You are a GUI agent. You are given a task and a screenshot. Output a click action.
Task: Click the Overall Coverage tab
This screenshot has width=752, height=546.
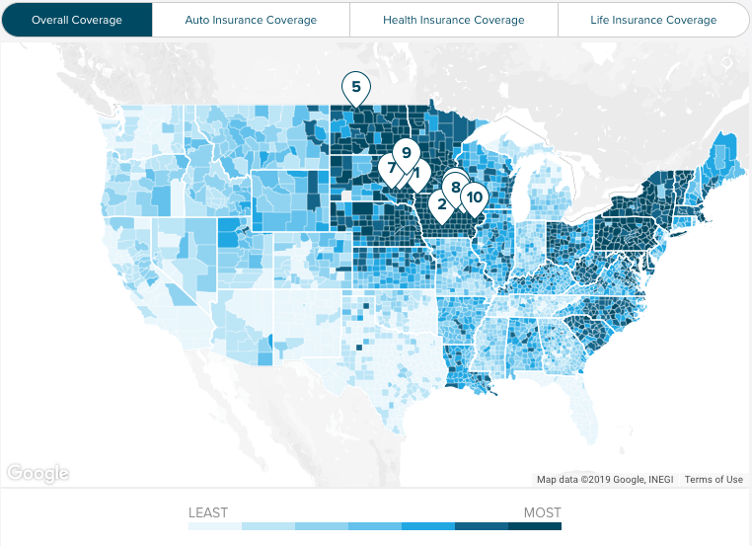(x=77, y=20)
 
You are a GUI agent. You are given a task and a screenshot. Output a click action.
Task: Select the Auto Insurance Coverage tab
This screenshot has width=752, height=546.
(x=251, y=20)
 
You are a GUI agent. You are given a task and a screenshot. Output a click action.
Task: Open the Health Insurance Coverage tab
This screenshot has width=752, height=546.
(x=454, y=20)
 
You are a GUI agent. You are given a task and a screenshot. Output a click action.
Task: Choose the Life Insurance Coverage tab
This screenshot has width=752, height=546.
(x=653, y=20)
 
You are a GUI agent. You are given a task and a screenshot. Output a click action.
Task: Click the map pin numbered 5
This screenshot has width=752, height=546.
(x=355, y=87)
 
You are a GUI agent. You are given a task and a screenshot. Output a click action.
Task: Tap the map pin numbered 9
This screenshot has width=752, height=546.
(x=406, y=153)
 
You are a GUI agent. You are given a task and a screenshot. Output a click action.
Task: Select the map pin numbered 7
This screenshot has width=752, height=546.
(x=391, y=167)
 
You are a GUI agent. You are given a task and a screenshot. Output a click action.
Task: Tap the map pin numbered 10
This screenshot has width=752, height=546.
(x=475, y=197)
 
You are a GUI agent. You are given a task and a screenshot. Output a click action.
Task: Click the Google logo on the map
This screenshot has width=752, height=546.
(x=38, y=474)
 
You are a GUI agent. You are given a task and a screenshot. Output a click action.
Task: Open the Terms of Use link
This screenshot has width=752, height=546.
(x=714, y=480)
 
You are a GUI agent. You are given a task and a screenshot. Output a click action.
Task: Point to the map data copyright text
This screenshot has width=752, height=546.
(x=605, y=480)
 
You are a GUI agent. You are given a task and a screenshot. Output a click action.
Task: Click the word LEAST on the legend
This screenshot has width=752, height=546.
(x=208, y=512)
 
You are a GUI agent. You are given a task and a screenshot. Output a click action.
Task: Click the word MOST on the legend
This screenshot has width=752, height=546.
(x=542, y=512)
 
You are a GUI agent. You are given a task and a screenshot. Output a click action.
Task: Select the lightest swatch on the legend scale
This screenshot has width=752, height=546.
(x=215, y=527)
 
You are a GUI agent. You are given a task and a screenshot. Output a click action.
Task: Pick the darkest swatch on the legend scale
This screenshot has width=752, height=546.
(x=535, y=527)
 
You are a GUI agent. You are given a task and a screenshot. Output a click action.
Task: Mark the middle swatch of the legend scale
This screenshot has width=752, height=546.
(x=375, y=527)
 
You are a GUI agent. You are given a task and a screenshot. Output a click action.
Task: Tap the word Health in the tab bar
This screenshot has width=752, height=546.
(x=402, y=20)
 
